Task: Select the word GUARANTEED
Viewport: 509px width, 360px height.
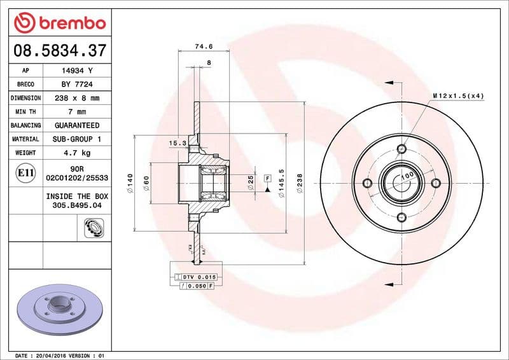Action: coord(77,125)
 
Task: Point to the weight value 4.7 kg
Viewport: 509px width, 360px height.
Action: coord(77,153)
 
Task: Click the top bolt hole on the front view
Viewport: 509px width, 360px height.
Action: coord(401,149)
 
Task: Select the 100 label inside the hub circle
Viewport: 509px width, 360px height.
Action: coord(407,175)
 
